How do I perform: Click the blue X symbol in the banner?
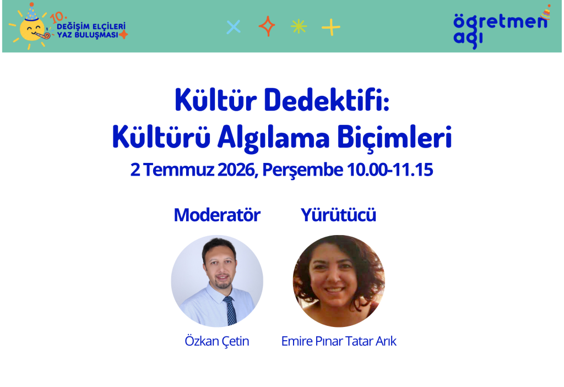coord(234,27)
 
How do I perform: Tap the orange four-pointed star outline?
coord(267,26)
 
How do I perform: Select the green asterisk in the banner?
coord(299,26)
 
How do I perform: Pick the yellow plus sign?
coord(331,27)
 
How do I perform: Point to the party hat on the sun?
coord(31,12)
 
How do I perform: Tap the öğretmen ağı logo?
coord(501,26)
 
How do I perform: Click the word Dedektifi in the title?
coord(326,100)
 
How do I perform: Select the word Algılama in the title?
coord(273,137)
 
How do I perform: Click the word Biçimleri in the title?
coord(394,137)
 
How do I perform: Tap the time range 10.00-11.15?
coord(389,170)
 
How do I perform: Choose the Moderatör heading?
coord(217,215)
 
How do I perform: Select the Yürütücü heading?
coord(339,215)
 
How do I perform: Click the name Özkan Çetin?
coord(217,341)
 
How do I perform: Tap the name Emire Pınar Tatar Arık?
coord(339,341)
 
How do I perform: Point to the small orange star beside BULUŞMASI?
coord(123,35)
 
